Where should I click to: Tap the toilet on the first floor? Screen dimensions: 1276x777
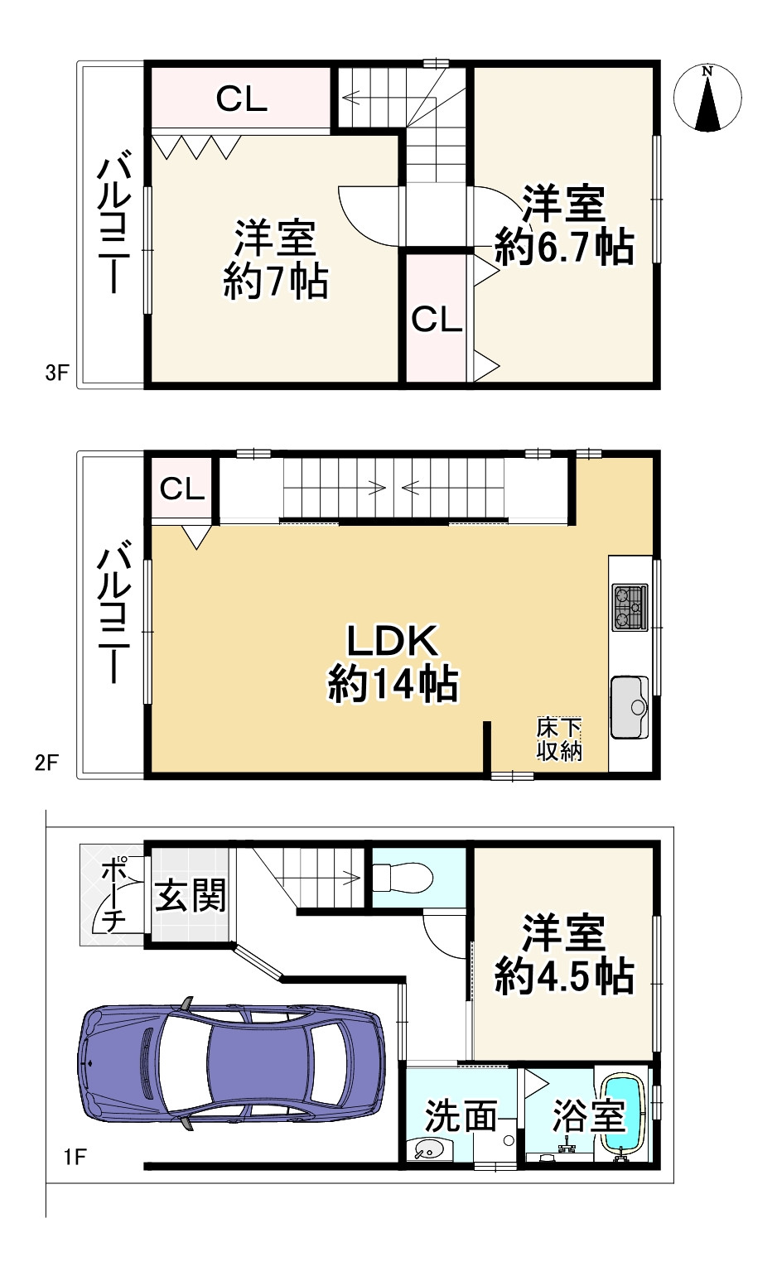(x=401, y=877)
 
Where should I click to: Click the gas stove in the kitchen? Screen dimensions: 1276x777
(x=630, y=607)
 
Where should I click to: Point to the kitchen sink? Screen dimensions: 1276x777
(x=630, y=706)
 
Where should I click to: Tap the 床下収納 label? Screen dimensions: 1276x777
(x=559, y=739)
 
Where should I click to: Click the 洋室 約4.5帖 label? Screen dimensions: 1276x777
(x=564, y=955)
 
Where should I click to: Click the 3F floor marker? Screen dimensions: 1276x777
(x=56, y=373)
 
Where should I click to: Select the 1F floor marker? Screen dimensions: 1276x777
(x=75, y=1156)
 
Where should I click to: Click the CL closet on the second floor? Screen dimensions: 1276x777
(x=182, y=489)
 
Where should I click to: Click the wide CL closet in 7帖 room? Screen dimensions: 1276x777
(x=241, y=99)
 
